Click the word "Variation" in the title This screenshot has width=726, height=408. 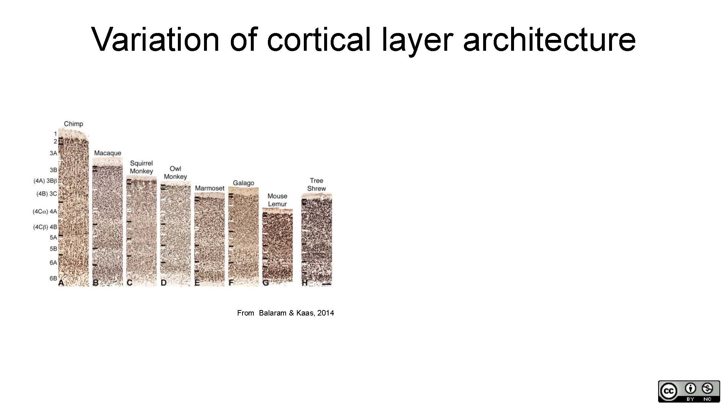156,39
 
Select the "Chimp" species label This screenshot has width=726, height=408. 74,124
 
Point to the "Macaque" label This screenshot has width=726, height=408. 108,153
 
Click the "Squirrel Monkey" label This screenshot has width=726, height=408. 142,167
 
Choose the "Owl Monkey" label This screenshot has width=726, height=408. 175,173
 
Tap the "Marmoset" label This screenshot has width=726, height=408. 210,188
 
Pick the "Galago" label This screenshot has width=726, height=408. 244,183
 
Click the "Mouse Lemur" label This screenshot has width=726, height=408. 277,200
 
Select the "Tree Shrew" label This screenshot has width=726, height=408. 317,185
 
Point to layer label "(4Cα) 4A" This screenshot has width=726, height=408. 45,211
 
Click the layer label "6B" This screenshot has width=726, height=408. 53,279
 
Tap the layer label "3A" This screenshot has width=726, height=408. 53,153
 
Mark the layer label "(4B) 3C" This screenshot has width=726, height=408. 47,194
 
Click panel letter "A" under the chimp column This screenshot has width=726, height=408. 61,283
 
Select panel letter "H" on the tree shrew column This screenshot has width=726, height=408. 305,283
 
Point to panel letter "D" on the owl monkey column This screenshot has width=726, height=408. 164,283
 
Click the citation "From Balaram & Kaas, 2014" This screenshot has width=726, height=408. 286,313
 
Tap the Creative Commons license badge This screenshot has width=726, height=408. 689,391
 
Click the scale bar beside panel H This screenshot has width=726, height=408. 327,284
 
